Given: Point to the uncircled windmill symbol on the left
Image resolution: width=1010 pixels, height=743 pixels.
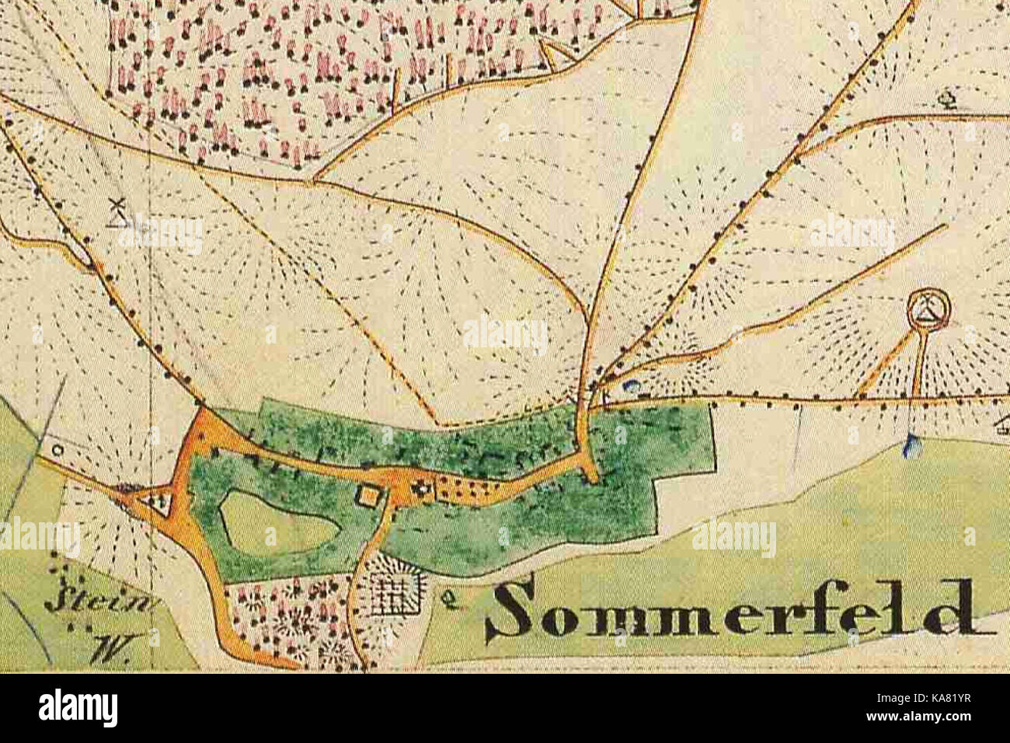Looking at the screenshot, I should (x=117, y=212).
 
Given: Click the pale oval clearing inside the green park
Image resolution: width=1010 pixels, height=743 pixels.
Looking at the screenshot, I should (x=278, y=523).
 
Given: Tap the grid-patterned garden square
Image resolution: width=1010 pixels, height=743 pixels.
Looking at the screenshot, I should (x=392, y=596).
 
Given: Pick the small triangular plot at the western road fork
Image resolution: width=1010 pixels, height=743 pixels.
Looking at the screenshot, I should (x=160, y=501).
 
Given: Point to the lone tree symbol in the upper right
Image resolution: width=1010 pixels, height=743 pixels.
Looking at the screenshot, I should (x=948, y=99).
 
